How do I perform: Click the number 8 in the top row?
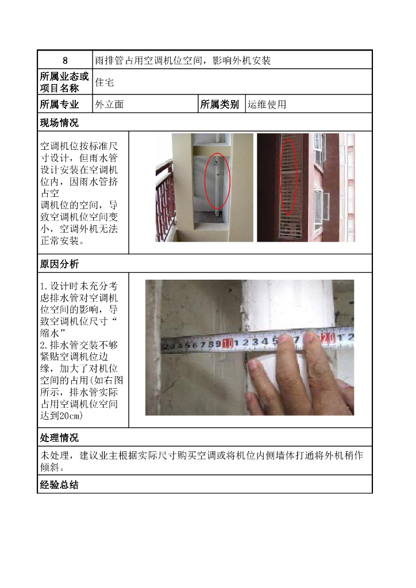coord(65,60)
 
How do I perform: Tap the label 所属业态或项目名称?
coord(64,82)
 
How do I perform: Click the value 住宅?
coord(105,82)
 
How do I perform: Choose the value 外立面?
coord(109,105)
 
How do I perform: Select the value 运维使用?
coord(267,105)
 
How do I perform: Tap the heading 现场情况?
coord(59,122)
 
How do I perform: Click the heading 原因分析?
coord(59,264)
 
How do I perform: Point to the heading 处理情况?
coord(59,438)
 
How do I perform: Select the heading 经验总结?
coord(59,485)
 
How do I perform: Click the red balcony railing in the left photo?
coord(165,201)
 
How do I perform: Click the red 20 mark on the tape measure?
coord(329,339)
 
